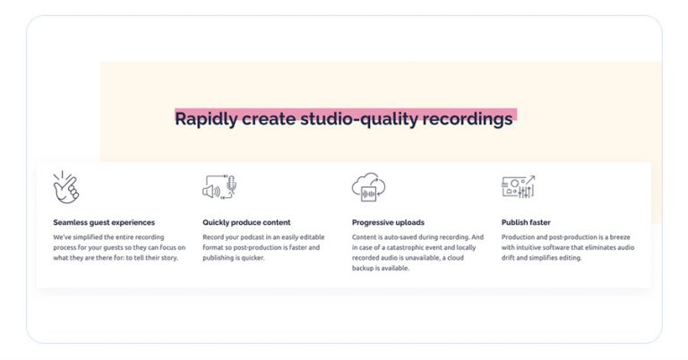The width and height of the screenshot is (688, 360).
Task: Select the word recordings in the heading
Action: click(467, 118)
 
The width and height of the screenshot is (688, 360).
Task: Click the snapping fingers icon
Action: click(66, 186)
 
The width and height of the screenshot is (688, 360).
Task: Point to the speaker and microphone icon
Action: click(219, 186)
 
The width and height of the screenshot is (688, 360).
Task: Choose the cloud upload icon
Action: click(368, 186)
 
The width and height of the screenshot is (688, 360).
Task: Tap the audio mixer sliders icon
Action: click(518, 186)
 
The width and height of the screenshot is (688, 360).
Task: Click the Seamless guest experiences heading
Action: click(104, 222)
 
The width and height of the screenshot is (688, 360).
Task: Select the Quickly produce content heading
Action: click(246, 222)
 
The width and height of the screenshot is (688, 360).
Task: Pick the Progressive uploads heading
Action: click(388, 222)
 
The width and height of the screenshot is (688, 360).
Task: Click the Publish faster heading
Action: click(526, 222)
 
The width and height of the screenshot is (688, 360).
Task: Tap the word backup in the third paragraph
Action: click(367, 268)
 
